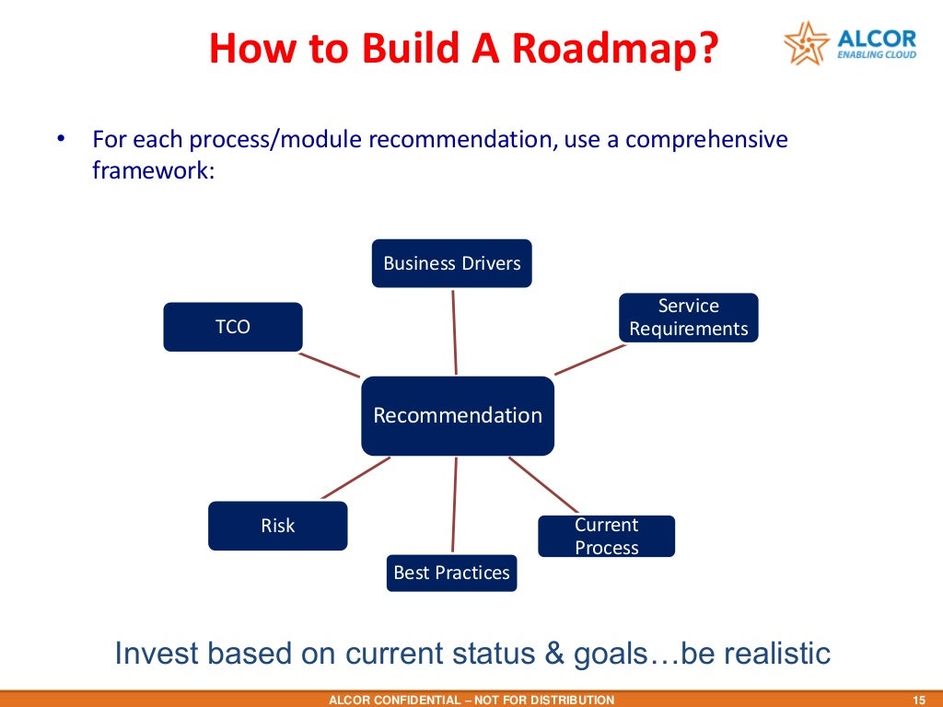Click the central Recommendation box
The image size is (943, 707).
458,415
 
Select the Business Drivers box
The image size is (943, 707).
451,263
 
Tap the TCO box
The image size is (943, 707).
233,327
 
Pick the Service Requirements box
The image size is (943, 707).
689,318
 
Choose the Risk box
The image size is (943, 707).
277,526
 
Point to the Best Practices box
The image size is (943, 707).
451,573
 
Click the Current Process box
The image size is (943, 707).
606,537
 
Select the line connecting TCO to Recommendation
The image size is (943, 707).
330,364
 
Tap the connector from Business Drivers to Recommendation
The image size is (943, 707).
454,331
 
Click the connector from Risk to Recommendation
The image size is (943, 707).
355,478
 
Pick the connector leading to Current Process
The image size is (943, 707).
543,484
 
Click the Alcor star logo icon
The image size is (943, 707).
805,42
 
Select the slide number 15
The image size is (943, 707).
916,700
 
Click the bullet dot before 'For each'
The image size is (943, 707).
61,140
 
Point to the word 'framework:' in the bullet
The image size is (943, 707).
153,170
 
